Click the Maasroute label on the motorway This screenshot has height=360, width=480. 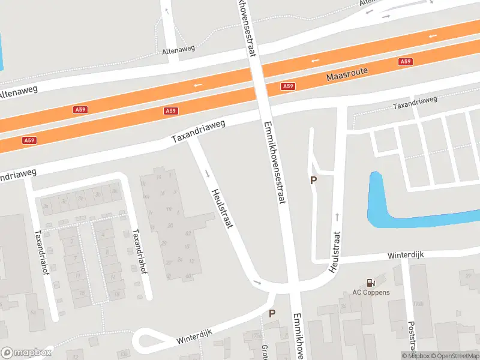(x=347, y=75)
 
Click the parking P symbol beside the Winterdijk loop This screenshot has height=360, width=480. (x=272, y=313)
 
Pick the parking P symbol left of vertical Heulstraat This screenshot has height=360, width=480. (x=313, y=180)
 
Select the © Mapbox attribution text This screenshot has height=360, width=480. (x=415, y=356)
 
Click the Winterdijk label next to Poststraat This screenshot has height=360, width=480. (x=406, y=255)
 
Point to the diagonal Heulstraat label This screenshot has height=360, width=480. (x=222, y=209)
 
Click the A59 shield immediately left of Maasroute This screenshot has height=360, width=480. (x=288, y=86)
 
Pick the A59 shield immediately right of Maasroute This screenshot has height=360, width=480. (x=406, y=62)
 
